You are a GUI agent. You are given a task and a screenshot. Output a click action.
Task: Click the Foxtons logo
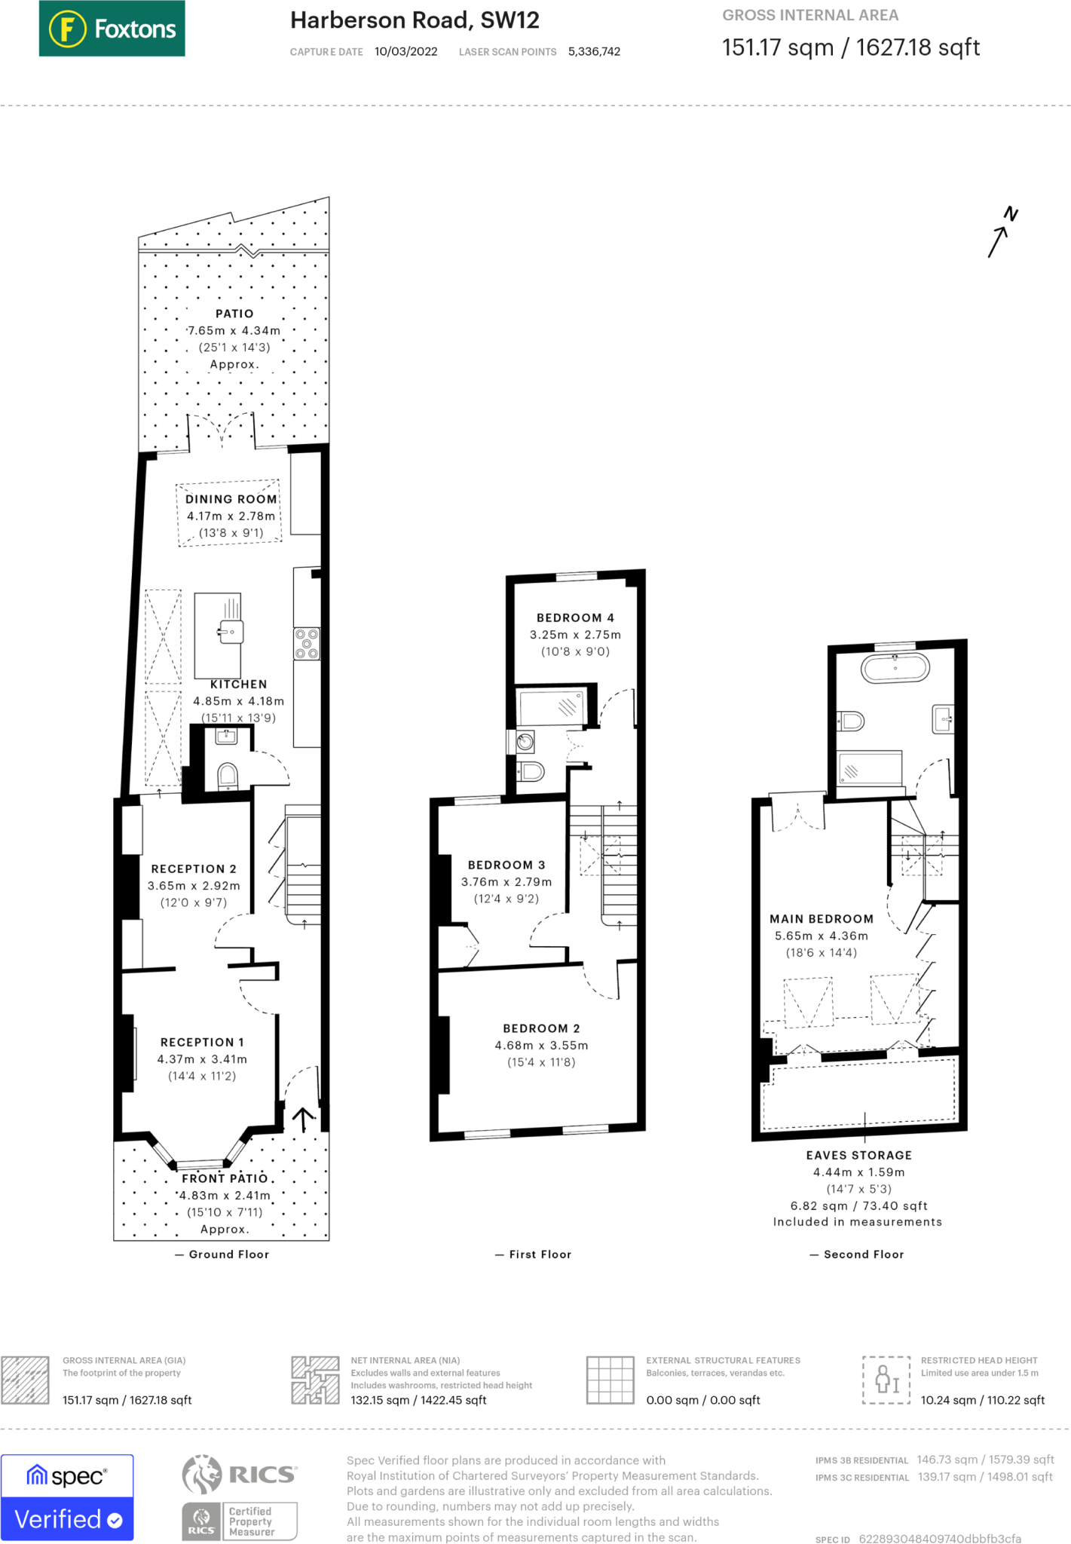[112, 29]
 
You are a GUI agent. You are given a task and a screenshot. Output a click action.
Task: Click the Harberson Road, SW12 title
[415, 20]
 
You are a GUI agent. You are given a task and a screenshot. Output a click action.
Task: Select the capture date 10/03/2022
[405, 52]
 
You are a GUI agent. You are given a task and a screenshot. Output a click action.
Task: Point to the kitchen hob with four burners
[307, 644]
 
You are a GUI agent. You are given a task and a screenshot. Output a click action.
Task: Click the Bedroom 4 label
[575, 618]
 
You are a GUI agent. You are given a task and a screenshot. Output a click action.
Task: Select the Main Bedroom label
[822, 919]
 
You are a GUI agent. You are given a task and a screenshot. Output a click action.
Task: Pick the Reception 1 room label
[202, 1043]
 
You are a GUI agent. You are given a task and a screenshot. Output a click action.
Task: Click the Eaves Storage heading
[859, 1156]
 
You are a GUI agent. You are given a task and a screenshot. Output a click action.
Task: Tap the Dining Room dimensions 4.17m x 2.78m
[231, 516]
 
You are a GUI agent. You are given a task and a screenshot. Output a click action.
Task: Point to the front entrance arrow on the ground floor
[303, 1120]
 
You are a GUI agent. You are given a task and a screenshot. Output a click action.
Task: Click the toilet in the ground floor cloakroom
[228, 776]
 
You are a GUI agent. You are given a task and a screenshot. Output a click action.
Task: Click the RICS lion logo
[203, 1475]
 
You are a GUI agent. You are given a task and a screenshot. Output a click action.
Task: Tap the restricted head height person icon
[886, 1380]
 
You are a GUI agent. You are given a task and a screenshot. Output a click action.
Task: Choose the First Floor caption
[540, 1254]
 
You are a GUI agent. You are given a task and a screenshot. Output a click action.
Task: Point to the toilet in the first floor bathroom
[531, 771]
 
